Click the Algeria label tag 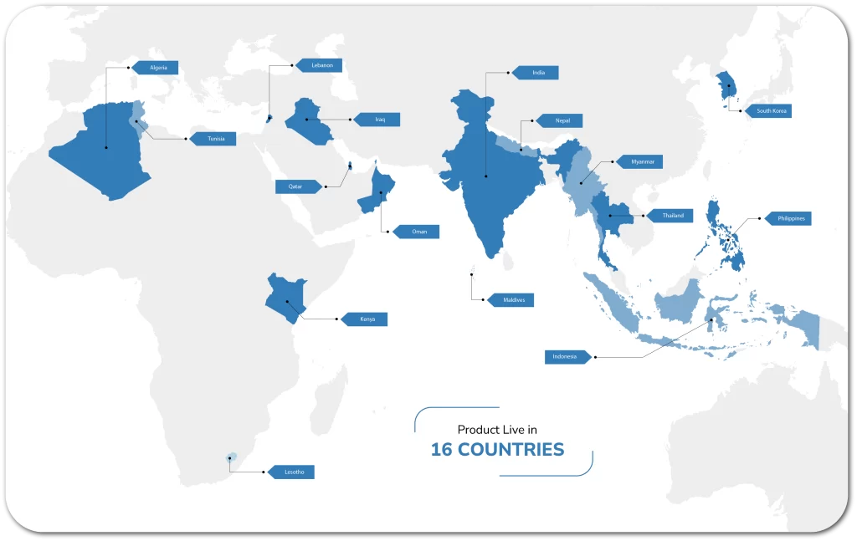click(x=157, y=68)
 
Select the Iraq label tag click(x=378, y=120)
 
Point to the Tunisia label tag click(x=214, y=139)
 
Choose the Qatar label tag click(x=296, y=186)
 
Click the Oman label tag click(x=417, y=231)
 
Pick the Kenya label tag click(x=366, y=319)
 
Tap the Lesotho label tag click(x=292, y=472)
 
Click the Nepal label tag click(x=560, y=120)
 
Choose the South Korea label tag click(x=769, y=110)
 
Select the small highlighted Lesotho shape click(x=232, y=457)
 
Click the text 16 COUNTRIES click(x=497, y=450)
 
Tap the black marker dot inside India click(x=486, y=176)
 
